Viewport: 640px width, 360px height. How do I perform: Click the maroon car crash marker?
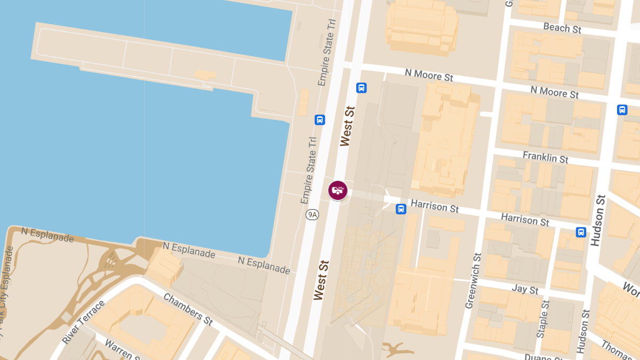(x=338, y=190)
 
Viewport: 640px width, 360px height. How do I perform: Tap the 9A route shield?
(x=312, y=214)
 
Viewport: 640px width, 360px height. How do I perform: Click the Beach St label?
(x=562, y=28)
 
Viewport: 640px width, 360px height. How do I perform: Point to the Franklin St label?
(x=545, y=157)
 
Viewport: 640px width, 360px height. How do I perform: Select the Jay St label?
(x=525, y=289)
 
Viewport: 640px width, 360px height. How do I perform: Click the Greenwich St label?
(x=473, y=281)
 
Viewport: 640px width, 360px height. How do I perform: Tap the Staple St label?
(x=543, y=319)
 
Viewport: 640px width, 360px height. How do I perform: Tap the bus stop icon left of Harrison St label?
(x=401, y=209)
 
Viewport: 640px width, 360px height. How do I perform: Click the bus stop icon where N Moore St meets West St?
(x=361, y=87)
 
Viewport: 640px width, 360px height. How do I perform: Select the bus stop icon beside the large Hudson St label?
(x=581, y=232)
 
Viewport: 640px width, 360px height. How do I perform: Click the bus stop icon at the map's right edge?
(x=622, y=110)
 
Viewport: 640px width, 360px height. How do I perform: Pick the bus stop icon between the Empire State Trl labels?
(x=319, y=119)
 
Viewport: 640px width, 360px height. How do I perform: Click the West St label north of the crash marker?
(x=347, y=126)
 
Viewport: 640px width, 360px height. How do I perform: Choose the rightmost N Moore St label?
(x=555, y=92)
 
